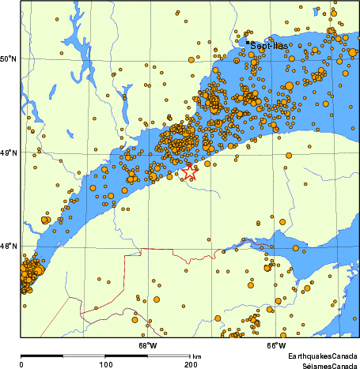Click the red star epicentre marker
pos(190,171)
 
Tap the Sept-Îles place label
pos(268,47)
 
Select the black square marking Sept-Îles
pos(248,42)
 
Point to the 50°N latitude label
pos(9,59)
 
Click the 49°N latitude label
pos(9,152)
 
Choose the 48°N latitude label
pos(9,247)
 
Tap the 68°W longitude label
pos(148,345)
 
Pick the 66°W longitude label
pos(275,345)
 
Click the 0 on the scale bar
pos(21,365)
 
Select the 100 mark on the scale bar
pos(105,365)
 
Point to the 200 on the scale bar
pos(190,365)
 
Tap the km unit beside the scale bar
pos(196,356)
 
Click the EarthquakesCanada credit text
pos(322,357)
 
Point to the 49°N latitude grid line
pos(79,151)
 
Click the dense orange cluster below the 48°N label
pos(29,273)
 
